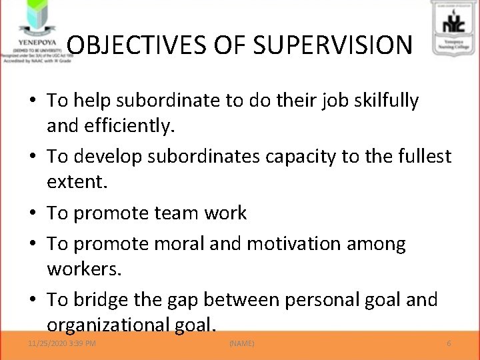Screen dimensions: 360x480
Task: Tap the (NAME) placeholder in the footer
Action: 241,343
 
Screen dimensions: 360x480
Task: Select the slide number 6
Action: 449,343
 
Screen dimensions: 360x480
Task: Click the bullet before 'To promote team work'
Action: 33,213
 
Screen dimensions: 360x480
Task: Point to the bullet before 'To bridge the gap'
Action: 33,301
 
